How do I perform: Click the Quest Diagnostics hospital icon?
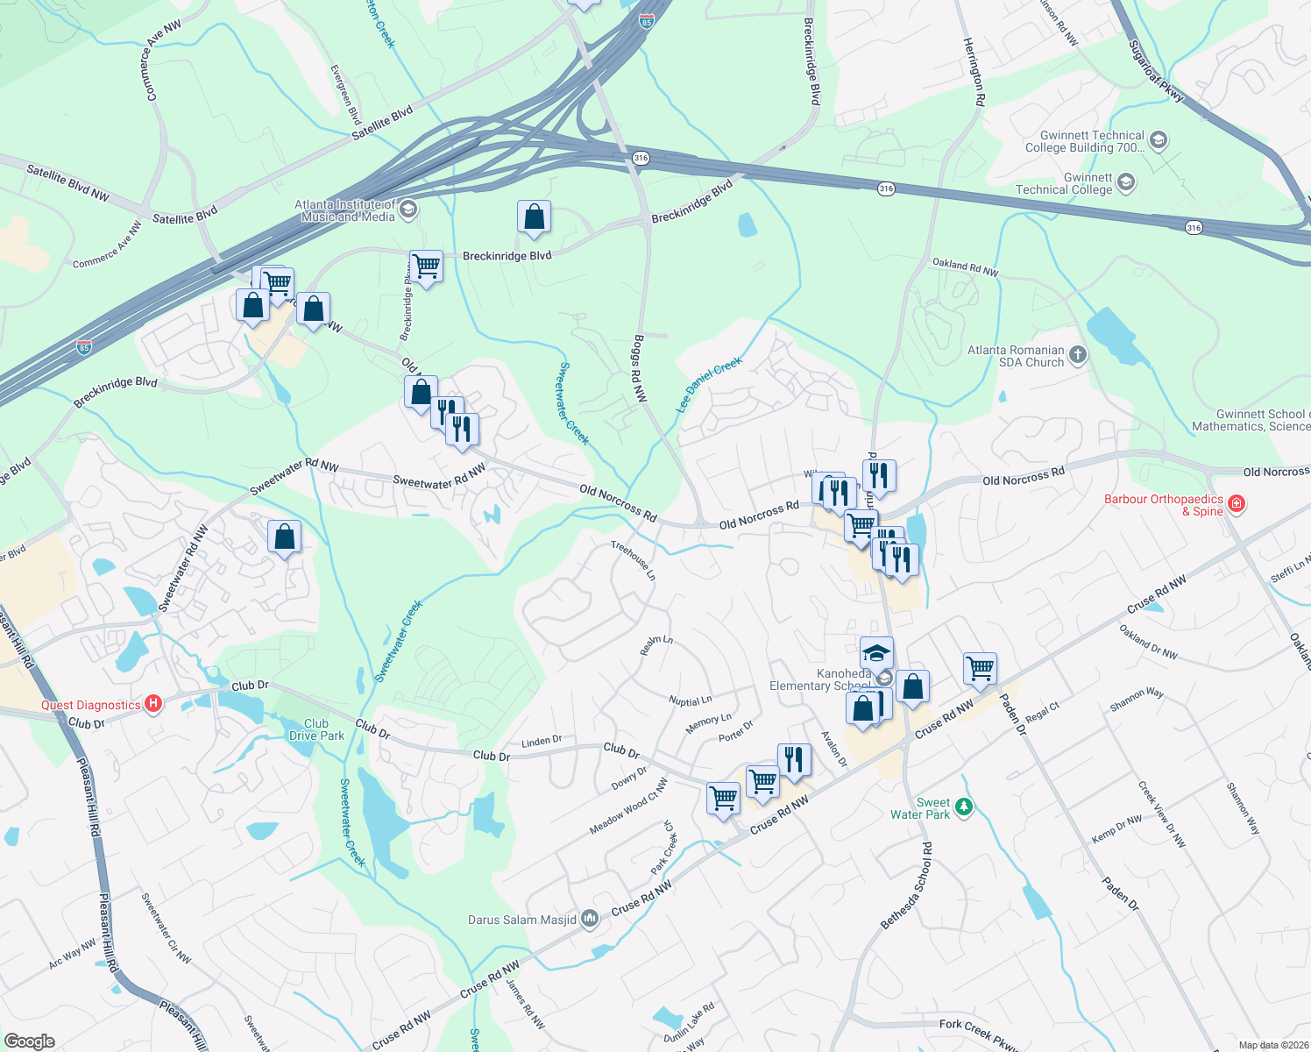[x=153, y=704]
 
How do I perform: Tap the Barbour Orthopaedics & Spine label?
[x=1163, y=505]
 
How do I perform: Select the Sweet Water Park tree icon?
[x=964, y=807]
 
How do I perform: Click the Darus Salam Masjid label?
[x=522, y=920]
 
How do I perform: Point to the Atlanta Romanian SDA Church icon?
[x=1078, y=355]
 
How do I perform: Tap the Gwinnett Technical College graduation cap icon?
[x=1126, y=182]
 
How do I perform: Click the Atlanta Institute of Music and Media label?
[x=348, y=210]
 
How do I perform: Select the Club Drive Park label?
[x=316, y=729]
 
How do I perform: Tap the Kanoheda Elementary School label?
[x=820, y=679]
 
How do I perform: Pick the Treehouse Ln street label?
[x=633, y=560]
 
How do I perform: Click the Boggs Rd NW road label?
[x=641, y=368]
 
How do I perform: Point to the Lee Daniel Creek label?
[x=709, y=384]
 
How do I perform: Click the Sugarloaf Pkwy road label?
[x=1156, y=71]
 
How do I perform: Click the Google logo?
[x=29, y=1041]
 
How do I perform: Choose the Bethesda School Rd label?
[x=907, y=886]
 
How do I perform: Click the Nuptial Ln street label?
[x=691, y=700]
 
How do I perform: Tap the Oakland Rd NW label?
[x=965, y=267]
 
